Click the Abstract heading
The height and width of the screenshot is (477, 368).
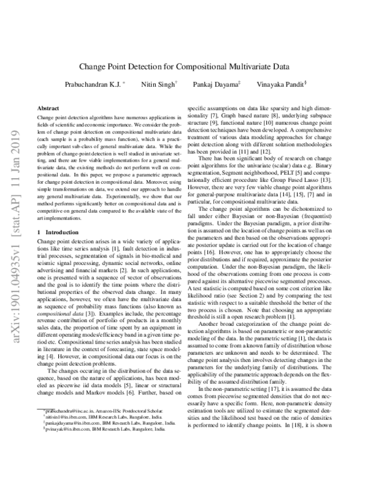pyautogui.click(x=48, y=106)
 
